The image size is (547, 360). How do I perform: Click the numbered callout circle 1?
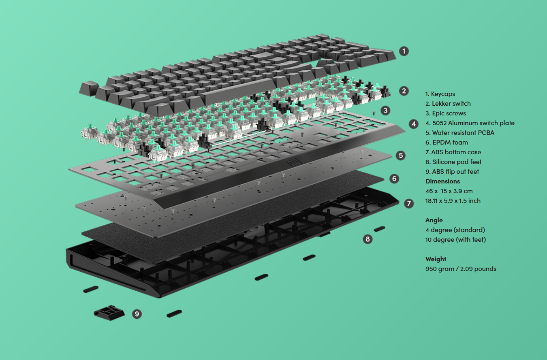click(x=404, y=51)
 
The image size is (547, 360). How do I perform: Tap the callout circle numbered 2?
click(x=404, y=91)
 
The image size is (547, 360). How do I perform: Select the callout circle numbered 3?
click(x=385, y=110)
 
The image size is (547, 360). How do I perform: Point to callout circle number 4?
click(x=414, y=124)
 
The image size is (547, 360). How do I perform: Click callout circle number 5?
click(x=401, y=155)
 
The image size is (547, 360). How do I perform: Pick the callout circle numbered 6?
click(x=394, y=179)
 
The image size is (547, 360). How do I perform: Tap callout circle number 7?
click(x=409, y=203)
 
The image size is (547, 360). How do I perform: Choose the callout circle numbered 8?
click(x=368, y=239)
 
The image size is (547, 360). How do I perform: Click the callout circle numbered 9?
click(x=137, y=313)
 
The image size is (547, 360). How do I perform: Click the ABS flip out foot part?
click(x=109, y=313)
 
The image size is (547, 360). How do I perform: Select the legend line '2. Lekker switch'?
click(x=448, y=104)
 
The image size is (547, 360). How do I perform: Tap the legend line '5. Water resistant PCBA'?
click(x=459, y=132)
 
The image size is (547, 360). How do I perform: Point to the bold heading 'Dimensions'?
click(x=442, y=181)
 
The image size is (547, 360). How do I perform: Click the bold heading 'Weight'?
click(x=436, y=259)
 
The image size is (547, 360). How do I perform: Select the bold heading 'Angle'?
click(x=434, y=220)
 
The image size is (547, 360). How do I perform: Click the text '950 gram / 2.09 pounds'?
click(x=461, y=269)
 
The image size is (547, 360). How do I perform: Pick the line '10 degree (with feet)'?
click(x=455, y=239)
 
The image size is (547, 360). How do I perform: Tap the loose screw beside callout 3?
click(x=373, y=113)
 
